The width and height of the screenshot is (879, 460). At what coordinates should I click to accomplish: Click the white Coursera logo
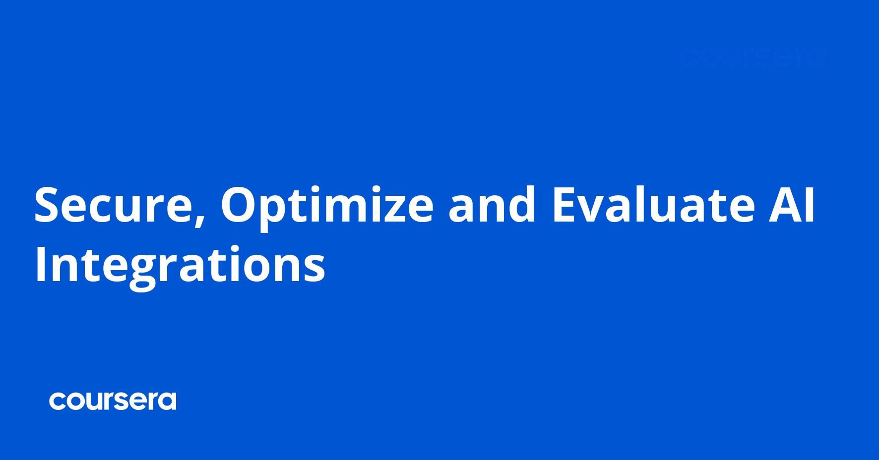pos(113,401)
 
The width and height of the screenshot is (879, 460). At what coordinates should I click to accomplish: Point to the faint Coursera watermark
pos(753,58)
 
